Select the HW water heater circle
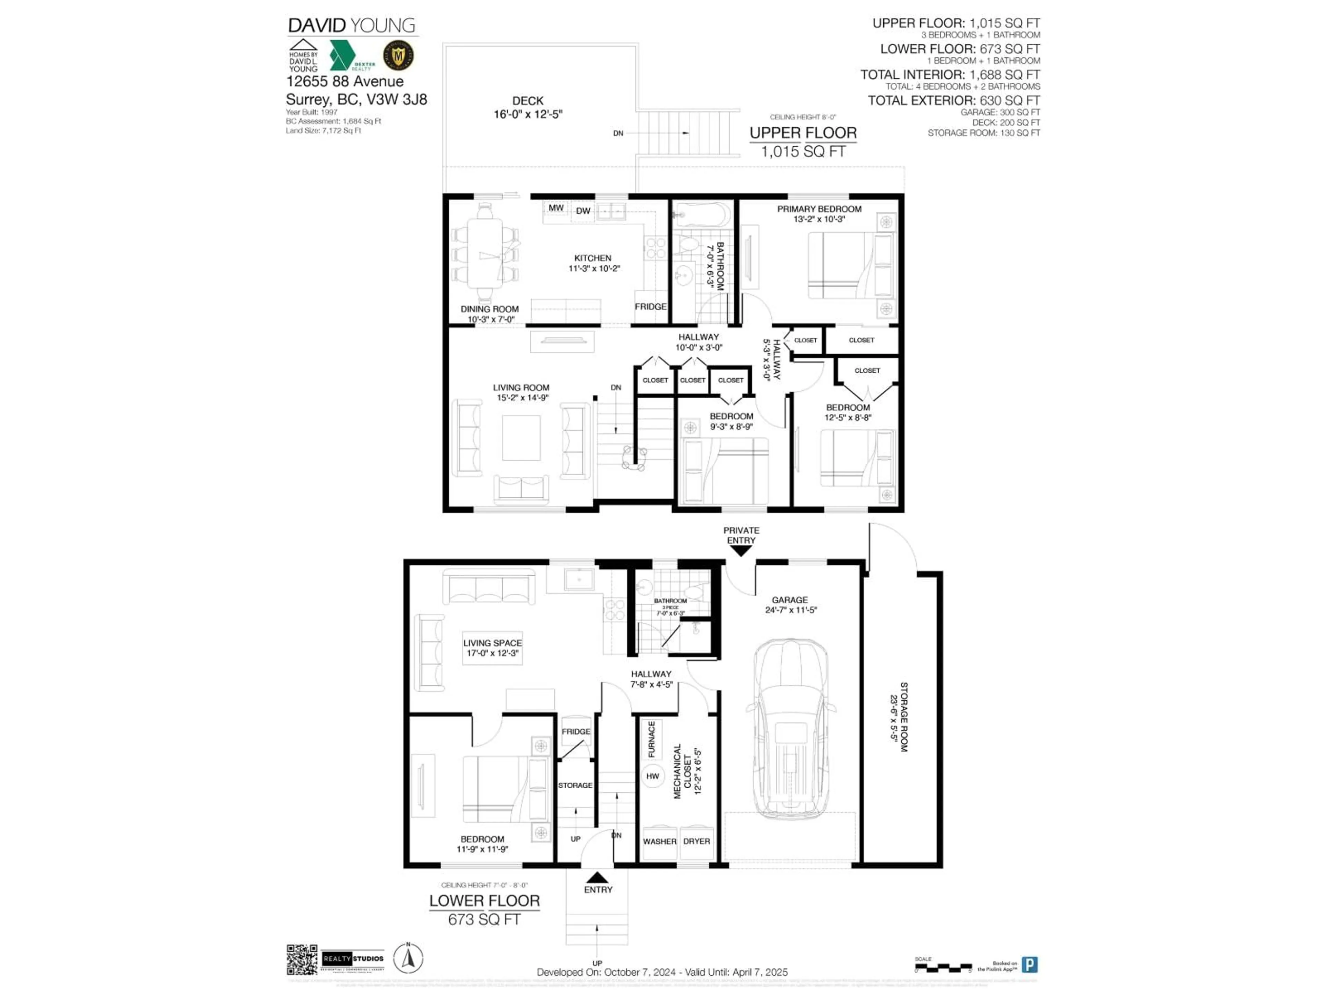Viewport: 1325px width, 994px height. pos(652,776)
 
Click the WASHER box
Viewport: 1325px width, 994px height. pos(659,841)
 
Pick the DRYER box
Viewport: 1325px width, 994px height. pos(697,841)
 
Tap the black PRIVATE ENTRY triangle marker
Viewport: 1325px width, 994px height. pos(741,550)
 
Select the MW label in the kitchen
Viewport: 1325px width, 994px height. pos(556,208)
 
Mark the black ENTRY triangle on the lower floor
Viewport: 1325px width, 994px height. pos(597,878)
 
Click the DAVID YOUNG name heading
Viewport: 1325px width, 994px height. pos(352,26)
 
